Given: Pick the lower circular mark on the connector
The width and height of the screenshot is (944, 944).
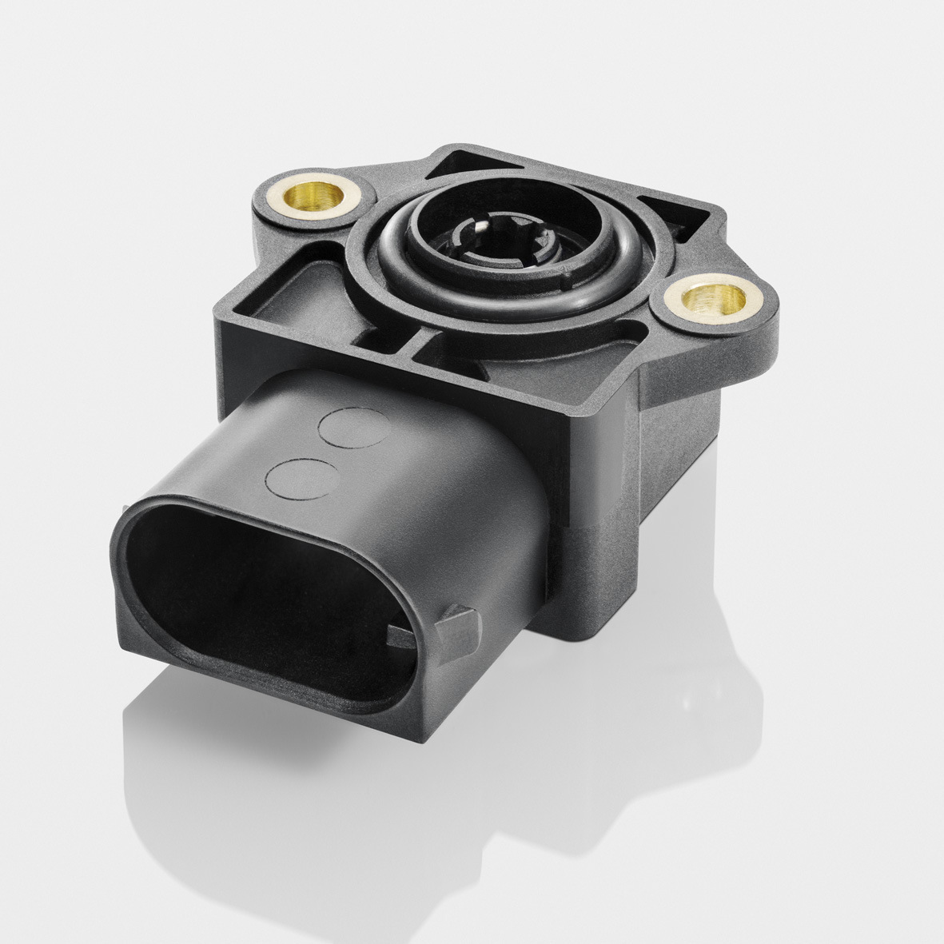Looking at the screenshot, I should click(x=300, y=478).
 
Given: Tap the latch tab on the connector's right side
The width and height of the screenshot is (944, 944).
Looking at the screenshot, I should click(x=444, y=631).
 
